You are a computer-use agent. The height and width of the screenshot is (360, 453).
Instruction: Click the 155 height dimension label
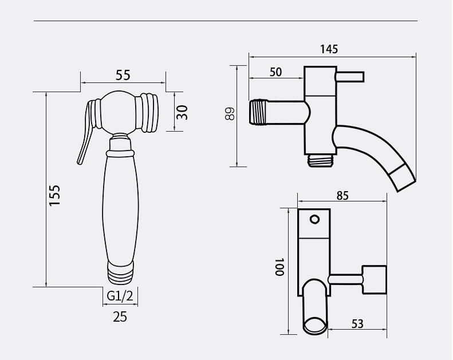pos(54,195)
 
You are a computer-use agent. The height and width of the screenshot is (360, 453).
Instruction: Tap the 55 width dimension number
pos(123,76)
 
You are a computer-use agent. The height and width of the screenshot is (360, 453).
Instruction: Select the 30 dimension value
pos(182,112)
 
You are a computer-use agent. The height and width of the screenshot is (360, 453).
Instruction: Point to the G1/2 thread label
pos(120,296)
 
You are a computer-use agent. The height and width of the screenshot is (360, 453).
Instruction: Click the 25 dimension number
pos(120,317)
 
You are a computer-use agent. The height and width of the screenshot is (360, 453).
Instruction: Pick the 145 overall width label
pos(329,49)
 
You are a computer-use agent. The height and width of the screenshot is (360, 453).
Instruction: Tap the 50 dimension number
pos(275,72)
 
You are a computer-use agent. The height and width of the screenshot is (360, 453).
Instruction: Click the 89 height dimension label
pos(230,113)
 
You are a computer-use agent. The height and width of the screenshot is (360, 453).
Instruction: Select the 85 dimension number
pos(342,196)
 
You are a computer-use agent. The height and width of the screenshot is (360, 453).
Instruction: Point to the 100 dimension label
pos(279,267)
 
